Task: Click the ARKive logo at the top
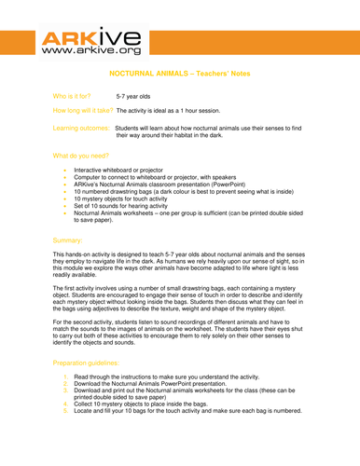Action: (x=90, y=43)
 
